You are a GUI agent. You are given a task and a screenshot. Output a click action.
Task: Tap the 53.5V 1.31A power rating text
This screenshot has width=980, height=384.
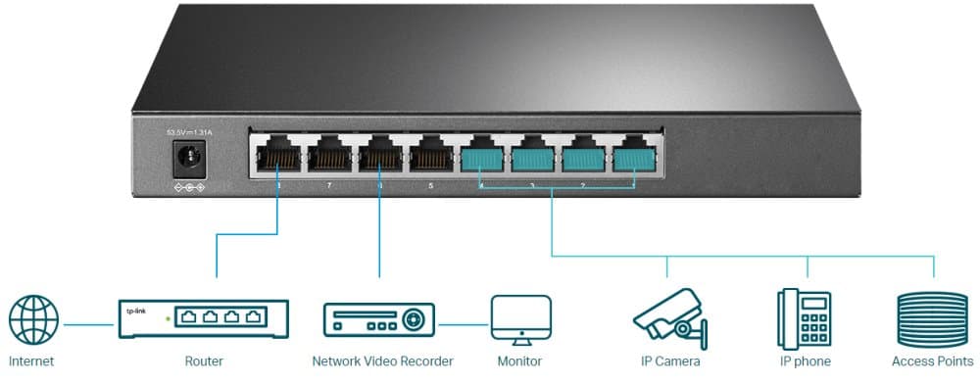(x=186, y=132)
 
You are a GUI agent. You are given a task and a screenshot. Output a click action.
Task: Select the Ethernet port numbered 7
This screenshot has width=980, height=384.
(x=329, y=156)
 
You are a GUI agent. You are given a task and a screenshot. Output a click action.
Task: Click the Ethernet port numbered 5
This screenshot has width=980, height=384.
(x=431, y=156)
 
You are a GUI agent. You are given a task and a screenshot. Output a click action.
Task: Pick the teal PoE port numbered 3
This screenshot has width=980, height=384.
(x=533, y=157)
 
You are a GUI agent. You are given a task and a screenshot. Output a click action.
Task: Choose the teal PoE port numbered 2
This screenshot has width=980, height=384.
(x=584, y=157)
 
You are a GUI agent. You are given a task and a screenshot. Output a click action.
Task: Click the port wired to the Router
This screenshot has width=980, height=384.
(x=278, y=156)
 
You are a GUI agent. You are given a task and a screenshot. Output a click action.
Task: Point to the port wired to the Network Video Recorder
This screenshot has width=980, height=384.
(x=380, y=156)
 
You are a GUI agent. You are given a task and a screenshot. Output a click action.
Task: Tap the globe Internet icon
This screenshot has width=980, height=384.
(x=33, y=321)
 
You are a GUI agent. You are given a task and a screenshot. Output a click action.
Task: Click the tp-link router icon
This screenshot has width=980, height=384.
(x=204, y=319)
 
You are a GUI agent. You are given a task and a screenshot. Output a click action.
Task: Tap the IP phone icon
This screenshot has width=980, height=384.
(x=804, y=317)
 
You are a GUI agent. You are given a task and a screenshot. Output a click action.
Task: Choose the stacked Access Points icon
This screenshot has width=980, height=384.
(x=932, y=317)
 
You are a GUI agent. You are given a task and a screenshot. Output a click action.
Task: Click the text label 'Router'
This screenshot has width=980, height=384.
(x=204, y=361)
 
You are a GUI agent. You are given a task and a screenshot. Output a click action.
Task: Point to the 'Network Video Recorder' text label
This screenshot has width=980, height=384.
(x=382, y=361)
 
